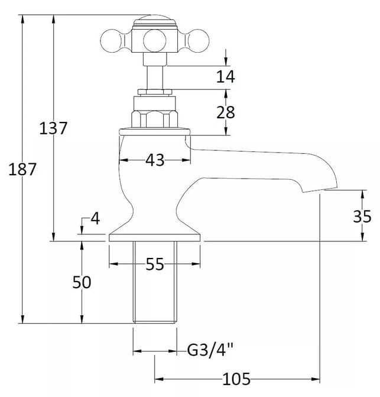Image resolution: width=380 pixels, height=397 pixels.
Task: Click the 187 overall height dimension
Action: [22, 169]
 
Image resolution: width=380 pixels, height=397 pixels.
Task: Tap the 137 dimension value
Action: [53, 128]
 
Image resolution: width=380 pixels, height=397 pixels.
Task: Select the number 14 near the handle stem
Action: [226, 76]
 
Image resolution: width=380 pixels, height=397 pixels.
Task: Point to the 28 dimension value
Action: [226, 112]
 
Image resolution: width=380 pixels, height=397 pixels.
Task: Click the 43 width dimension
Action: [155, 160]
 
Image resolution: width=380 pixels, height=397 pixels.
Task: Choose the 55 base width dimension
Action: [155, 264]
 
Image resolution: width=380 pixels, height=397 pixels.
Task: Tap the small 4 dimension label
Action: [95, 218]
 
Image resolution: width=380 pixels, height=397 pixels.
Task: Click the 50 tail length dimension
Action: [82, 282]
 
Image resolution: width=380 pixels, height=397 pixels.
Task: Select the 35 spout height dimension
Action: [362, 217]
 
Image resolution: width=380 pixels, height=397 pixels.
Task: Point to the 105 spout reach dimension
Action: [236, 379]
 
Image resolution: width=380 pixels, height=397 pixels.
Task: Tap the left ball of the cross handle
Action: [111, 41]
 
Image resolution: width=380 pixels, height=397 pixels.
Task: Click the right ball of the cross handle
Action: [199, 41]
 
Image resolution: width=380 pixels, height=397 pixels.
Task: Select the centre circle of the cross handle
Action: [155, 41]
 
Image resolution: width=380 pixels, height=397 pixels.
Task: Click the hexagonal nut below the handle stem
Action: [154, 118]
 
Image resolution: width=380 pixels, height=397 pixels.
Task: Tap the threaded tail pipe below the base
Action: [155, 282]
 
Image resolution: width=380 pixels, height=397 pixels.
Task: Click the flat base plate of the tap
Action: [155, 238]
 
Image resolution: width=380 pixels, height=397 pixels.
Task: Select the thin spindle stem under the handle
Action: [155, 78]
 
